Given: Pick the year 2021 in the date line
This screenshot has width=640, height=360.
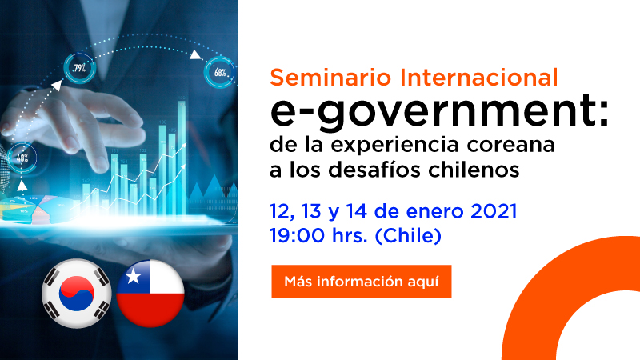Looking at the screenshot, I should point(493,213).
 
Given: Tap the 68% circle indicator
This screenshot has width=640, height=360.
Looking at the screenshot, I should point(219,71).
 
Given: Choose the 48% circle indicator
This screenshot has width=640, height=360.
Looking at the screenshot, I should point(21,156).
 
